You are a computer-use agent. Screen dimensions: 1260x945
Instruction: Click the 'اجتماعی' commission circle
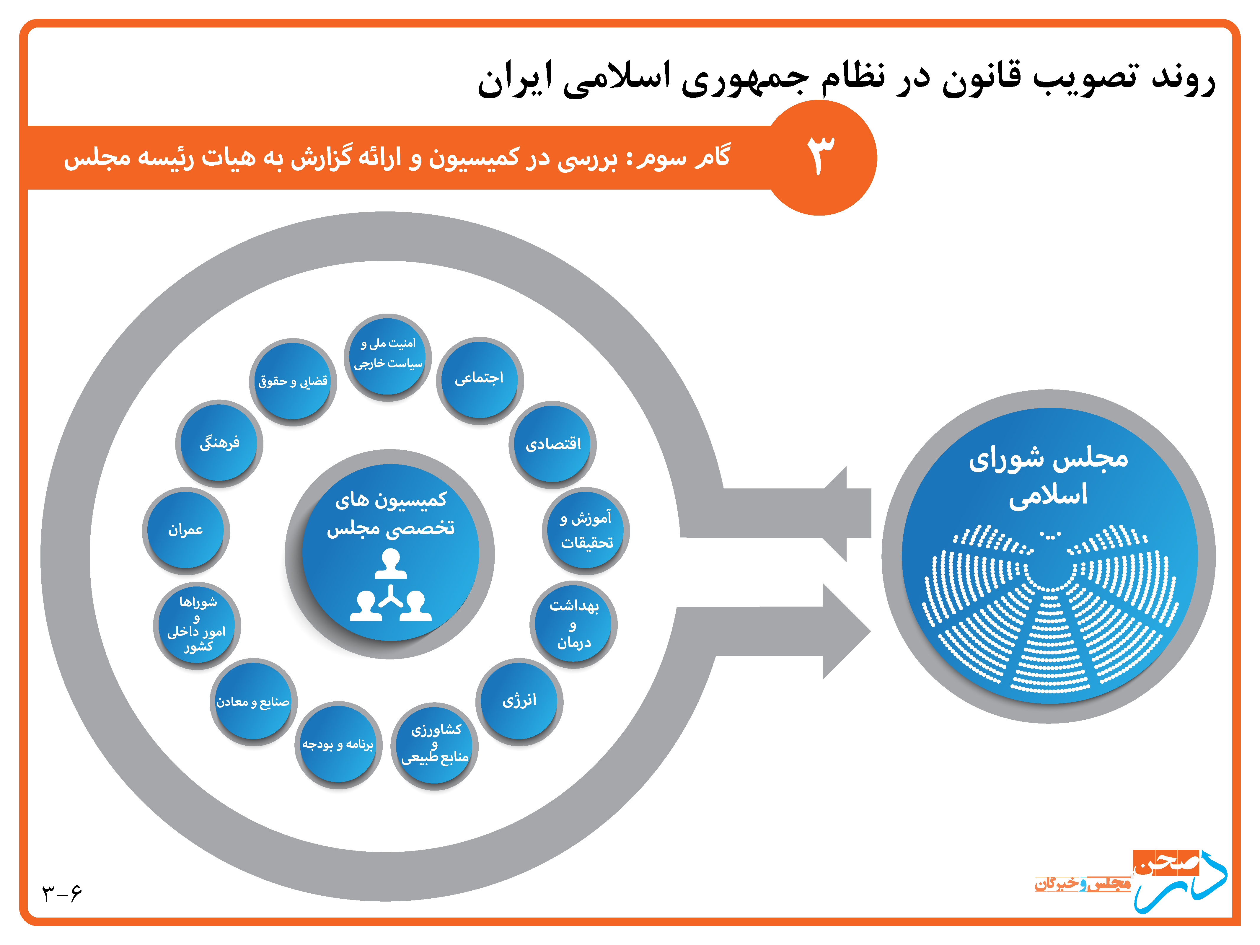coord(480,380)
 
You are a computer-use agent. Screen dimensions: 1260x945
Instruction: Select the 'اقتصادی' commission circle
coord(552,444)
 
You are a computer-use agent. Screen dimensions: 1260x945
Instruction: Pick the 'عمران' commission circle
coord(186,531)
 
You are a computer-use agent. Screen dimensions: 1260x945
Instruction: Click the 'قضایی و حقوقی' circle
coord(293,382)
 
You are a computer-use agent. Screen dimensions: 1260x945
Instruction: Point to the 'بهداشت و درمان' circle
coord(574,624)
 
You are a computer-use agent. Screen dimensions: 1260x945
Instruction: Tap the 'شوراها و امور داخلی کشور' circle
coord(197,625)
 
